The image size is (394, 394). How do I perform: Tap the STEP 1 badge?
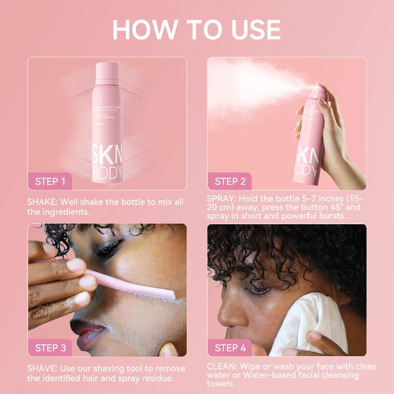point(50,181)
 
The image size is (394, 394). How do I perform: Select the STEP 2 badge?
point(230,181)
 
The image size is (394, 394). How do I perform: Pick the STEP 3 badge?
point(50,348)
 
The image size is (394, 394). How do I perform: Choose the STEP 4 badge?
point(230,348)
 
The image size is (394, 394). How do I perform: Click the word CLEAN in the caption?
point(222,367)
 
